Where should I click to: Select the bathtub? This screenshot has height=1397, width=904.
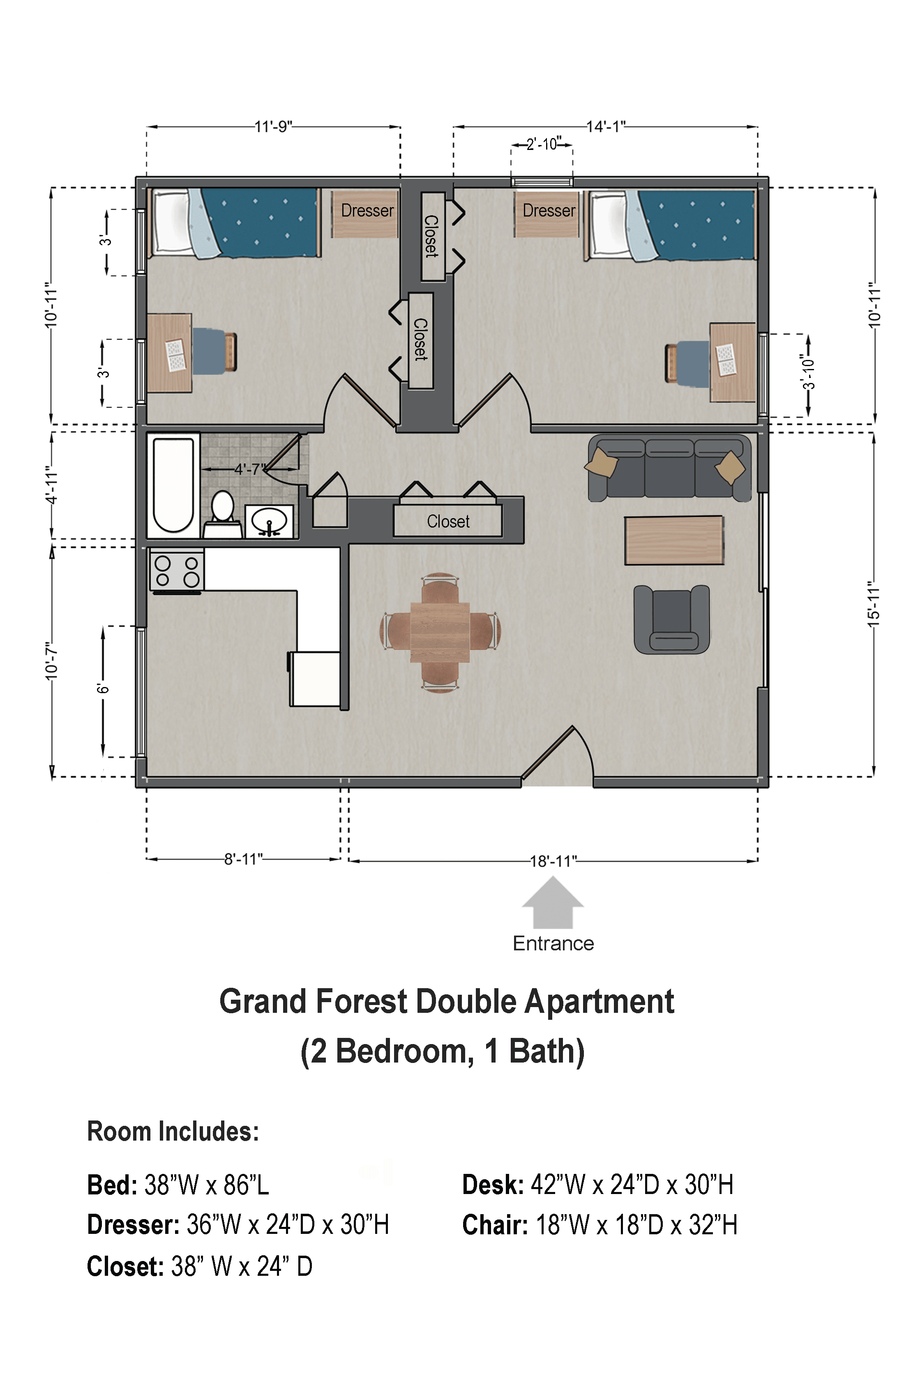point(173,485)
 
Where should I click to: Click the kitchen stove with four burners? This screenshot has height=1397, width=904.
point(177,571)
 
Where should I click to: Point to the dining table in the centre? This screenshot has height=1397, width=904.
point(440,632)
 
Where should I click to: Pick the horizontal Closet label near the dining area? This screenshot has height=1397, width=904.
point(448,521)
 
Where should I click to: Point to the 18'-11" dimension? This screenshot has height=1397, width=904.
point(553,861)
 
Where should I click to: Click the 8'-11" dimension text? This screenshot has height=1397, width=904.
point(243,859)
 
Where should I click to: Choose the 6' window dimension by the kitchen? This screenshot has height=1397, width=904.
point(103,688)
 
